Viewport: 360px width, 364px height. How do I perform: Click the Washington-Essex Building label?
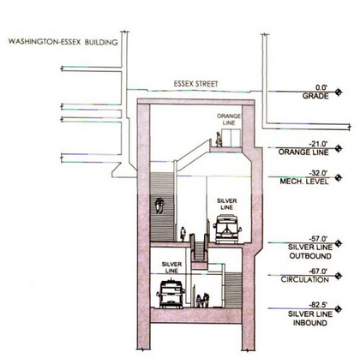(x=63, y=42)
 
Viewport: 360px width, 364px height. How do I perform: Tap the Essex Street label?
(x=195, y=84)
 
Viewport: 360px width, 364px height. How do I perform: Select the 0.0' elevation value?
(x=321, y=87)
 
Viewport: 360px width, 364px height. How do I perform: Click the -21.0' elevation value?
(x=319, y=144)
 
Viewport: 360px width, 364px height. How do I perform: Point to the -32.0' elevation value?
(x=319, y=173)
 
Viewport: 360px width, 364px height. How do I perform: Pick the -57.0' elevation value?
(x=319, y=238)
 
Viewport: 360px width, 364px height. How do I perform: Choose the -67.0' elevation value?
(x=319, y=271)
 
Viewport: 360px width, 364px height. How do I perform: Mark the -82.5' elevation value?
(x=319, y=305)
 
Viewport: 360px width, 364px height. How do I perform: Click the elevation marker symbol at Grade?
(x=339, y=92)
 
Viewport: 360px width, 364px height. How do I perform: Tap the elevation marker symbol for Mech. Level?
(x=339, y=177)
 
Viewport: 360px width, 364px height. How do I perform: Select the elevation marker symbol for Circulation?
(x=339, y=276)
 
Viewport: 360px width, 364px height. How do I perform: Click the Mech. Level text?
(x=304, y=182)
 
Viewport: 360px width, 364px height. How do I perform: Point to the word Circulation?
(x=305, y=279)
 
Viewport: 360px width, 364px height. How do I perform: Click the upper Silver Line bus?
(x=227, y=230)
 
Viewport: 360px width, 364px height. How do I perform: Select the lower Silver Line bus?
(x=171, y=294)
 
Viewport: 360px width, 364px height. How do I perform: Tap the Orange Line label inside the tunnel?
(x=229, y=119)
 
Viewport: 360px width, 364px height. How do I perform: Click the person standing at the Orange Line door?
(x=219, y=140)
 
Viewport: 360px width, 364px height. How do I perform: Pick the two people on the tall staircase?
(x=159, y=206)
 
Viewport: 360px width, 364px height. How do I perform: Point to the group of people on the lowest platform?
(x=202, y=301)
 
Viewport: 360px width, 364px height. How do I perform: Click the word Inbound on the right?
(x=310, y=323)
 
